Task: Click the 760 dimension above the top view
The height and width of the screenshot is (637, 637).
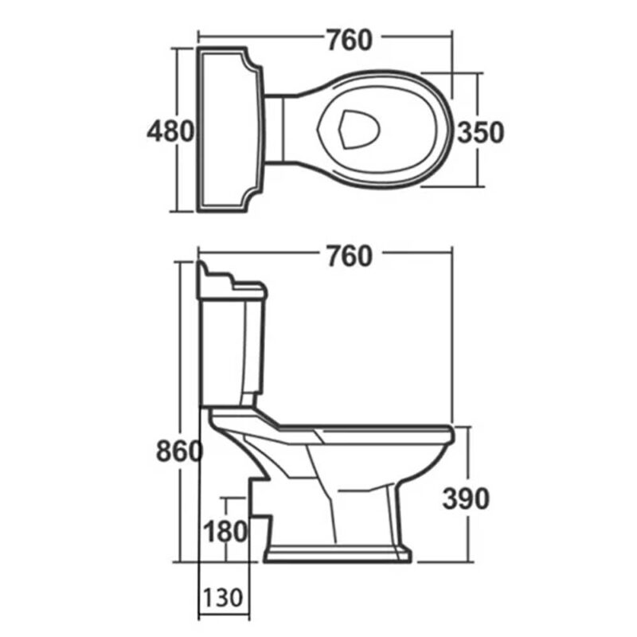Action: pyautogui.click(x=350, y=40)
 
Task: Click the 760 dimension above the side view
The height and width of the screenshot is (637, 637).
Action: pyautogui.click(x=350, y=256)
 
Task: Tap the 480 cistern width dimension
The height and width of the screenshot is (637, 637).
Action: pyautogui.click(x=170, y=131)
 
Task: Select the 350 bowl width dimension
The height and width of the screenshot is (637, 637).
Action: pyautogui.click(x=481, y=132)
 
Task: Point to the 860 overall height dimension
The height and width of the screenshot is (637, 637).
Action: pyautogui.click(x=179, y=451)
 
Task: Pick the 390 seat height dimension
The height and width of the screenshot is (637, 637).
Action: pyautogui.click(x=466, y=498)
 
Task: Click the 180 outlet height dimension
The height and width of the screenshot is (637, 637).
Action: pyautogui.click(x=225, y=531)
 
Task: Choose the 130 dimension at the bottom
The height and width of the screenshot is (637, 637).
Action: pyautogui.click(x=223, y=597)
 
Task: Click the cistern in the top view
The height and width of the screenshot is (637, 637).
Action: pyautogui.click(x=229, y=129)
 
